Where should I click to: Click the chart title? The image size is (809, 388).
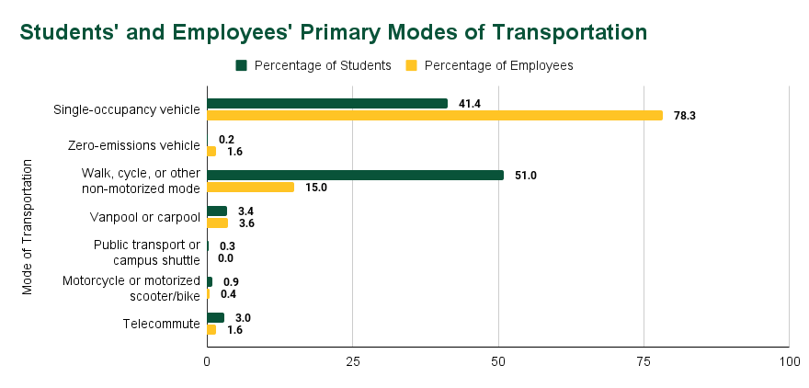(x=334, y=31)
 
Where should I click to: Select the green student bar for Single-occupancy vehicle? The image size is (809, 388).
(x=327, y=104)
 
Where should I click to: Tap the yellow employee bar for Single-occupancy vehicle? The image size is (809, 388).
(x=434, y=116)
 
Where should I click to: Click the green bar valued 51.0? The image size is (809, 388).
(x=355, y=175)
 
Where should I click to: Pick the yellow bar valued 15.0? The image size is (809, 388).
(x=250, y=187)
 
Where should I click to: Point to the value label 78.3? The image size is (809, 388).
(x=684, y=116)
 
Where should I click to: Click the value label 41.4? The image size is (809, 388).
(x=470, y=104)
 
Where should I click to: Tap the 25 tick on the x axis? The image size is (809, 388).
(x=352, y=363)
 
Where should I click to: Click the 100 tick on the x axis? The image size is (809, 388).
(x=789, y=363)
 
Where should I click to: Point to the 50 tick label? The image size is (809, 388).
(x=498, y=363)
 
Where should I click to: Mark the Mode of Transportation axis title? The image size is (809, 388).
(x=27, y=227)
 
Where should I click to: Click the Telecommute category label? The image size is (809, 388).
(x=161, y=324)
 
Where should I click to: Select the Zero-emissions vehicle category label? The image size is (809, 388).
(x=134, y=145)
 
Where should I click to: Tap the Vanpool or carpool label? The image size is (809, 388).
(x=145, y=217)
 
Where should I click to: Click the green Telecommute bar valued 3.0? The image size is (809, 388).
(x=215, y=317)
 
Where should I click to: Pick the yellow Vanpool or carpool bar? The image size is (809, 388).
(x=217, y=223)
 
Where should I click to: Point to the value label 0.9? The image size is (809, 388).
(x=232, y=282)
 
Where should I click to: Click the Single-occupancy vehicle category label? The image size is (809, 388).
(x=127, y=110)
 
